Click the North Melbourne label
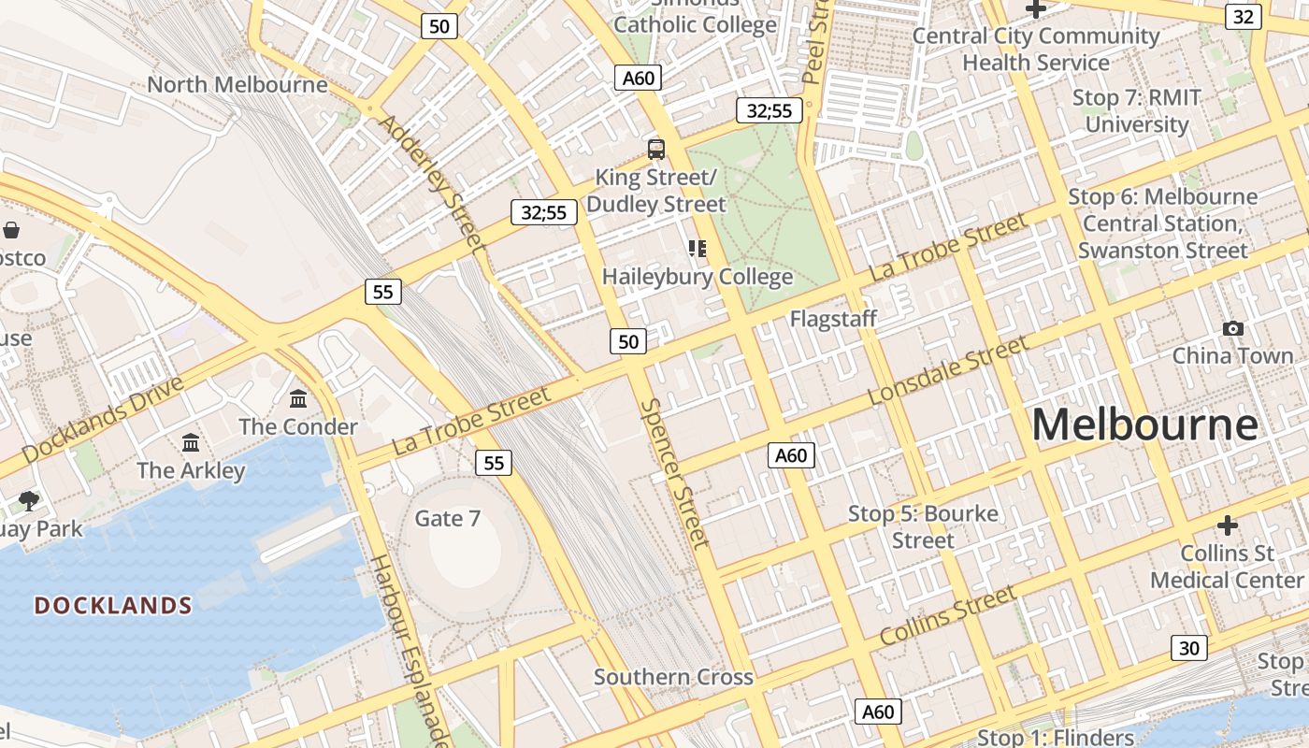(237, 85)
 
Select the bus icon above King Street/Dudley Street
(656, 149)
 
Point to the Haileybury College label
(698, 277)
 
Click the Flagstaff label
(833, 319)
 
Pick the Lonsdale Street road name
(948, 371)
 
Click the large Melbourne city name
(1145, 425)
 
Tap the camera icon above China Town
(1233, 328)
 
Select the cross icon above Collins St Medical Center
(1227, 525)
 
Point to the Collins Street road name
(947, 616)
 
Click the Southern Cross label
(673, 677)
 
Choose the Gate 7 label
(448, 518)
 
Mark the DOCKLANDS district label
(113, 606)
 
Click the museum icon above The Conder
(298, 399)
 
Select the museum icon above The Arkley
(191, 442)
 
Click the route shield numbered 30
(1188, 647)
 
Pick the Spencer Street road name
(674, 473)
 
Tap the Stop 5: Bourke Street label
(923, 527)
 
